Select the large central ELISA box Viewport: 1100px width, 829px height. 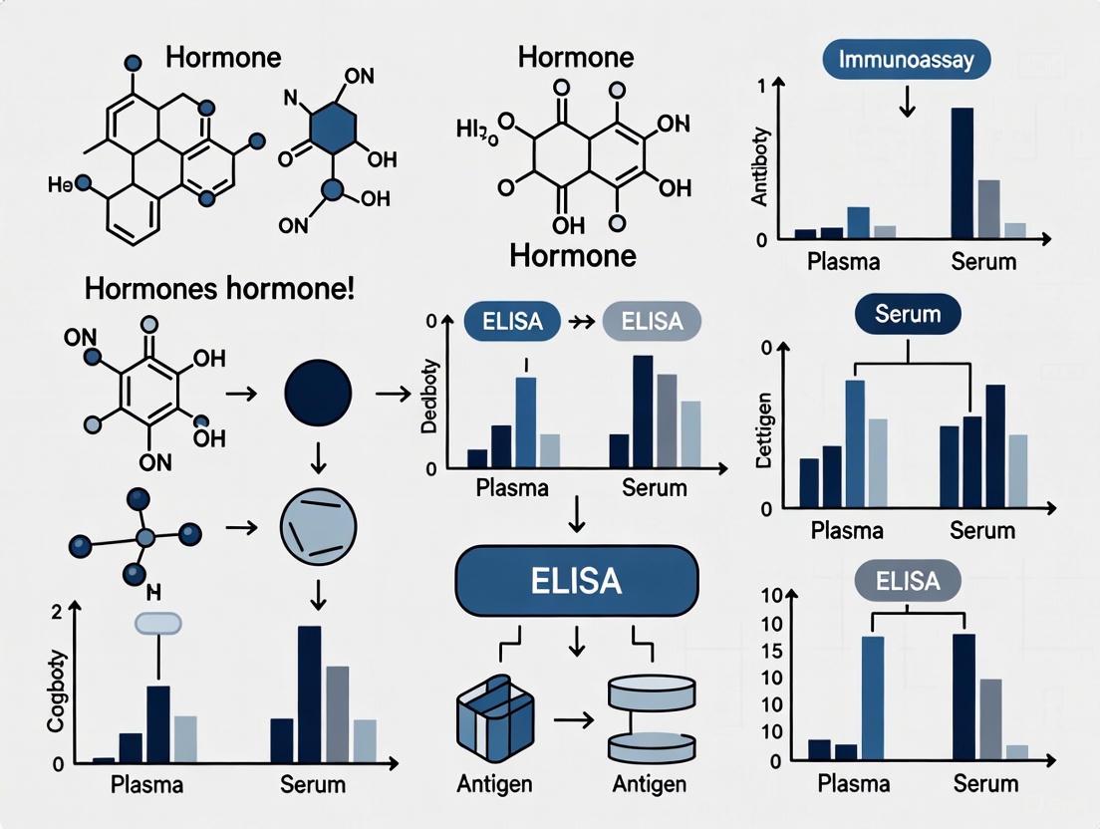(577, 580)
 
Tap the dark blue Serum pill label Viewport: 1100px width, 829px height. (908, 315)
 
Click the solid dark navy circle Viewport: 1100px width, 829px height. (318, 393)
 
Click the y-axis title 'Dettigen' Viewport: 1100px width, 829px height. (765, 435)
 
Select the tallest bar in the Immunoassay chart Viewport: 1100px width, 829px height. (962, 173)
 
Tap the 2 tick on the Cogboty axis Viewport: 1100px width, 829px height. (57, 612)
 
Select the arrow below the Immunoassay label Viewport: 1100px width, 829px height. (906, 102)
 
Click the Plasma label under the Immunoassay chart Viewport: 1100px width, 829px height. (843, 262)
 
